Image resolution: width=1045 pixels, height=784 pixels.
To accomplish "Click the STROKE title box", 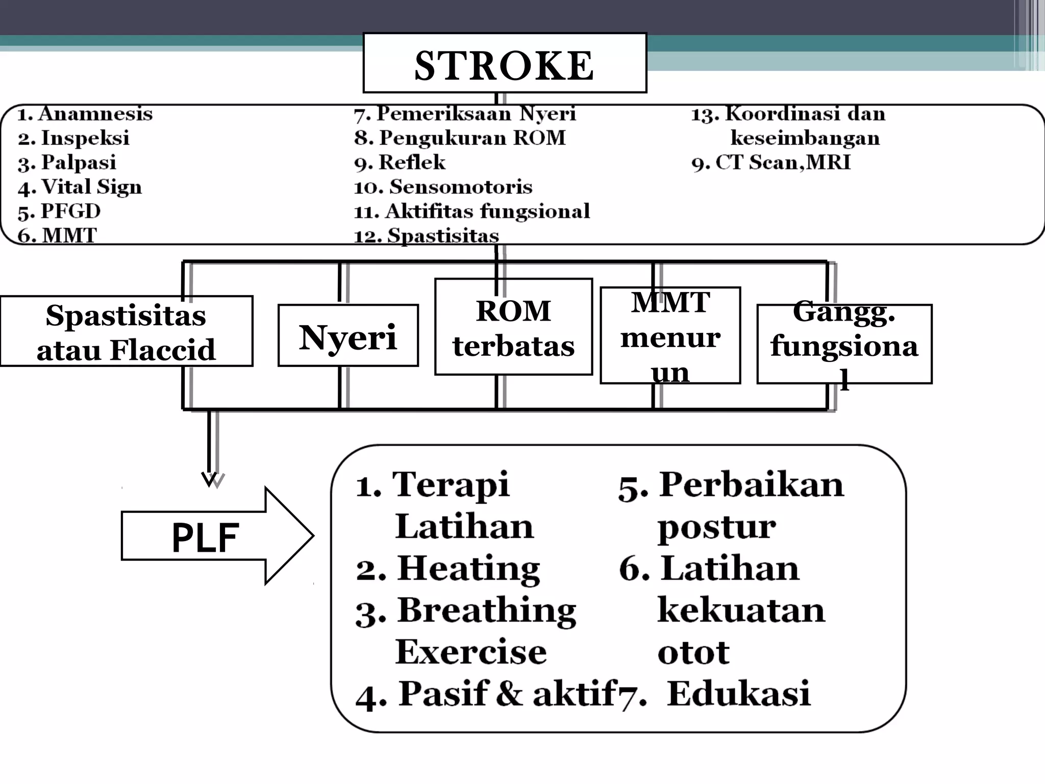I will pos(504,63).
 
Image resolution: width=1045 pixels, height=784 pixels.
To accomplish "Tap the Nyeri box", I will pos(348,336).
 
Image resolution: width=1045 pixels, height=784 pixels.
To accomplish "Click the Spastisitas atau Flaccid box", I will pos(126,332).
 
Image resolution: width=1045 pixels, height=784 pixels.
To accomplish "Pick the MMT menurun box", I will pos(670,335).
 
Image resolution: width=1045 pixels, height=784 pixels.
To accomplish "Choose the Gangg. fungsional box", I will pos(844,344).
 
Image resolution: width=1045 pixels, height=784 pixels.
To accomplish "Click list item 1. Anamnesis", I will pos(85,114).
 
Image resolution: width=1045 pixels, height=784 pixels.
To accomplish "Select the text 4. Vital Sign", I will pos(80,187).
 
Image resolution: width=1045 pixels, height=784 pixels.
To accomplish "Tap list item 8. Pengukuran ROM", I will pos(460,138).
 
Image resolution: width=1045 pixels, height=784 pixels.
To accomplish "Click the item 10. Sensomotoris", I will pos(443,187).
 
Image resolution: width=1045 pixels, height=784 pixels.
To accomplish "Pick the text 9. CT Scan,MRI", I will pos(771,163).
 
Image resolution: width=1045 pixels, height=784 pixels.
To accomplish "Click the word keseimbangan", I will pos(805,138).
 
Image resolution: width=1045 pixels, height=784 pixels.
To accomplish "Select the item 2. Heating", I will pos(448,569).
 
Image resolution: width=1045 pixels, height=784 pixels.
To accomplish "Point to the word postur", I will pos(716,527).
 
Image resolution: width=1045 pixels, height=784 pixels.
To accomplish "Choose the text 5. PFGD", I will pos(59,211).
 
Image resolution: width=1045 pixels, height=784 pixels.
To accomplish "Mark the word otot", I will pos(693,653).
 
